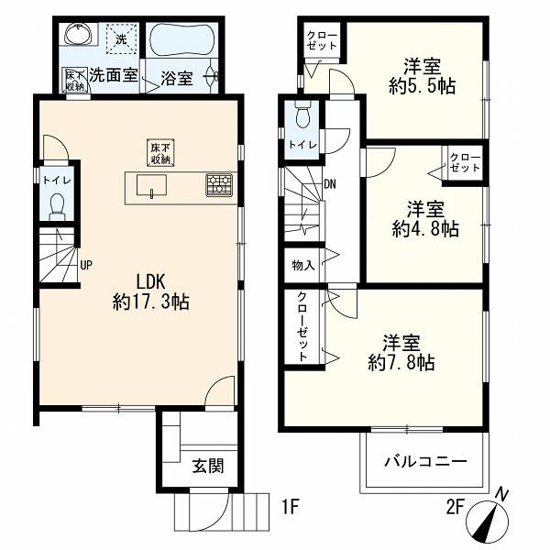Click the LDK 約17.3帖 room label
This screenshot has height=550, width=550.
click(x=151, y=291)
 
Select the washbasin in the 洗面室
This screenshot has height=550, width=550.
click(x=79, y=34)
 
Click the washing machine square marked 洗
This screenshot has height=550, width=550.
click(x=121, y=38)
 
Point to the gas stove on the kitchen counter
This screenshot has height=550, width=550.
click(x=219, y=184)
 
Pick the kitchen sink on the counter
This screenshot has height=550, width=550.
click(x=151, y=186)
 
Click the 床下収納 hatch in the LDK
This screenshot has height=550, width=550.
click(x=160, y=153)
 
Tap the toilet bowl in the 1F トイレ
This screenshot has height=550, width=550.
click(x=57, y=207)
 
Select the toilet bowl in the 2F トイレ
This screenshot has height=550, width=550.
click(x=302, y=115)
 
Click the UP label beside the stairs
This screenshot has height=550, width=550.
click(x=86, y=265)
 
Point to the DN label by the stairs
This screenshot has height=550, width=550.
click(x=329, y=184)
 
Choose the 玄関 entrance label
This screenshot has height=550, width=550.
click(x=208, y=467)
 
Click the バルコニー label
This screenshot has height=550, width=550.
click(x=425, y=461)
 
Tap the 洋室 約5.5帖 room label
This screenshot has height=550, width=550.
click(x=422, y=76)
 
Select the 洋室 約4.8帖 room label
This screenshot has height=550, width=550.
click(x=425, y=218)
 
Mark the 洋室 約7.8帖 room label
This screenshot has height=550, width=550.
click(x=401, y=353)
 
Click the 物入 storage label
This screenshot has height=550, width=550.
click(x=303, y=266)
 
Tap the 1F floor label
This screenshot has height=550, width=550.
click(x=290, y=507)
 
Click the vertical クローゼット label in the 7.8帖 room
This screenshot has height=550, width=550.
click(x=302, y=326)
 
